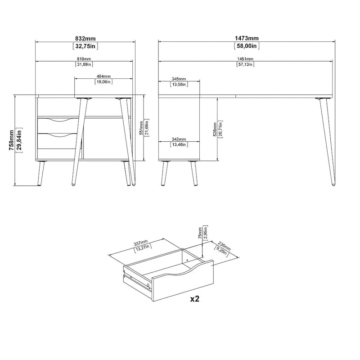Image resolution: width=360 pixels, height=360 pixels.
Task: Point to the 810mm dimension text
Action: (x=84, y=59)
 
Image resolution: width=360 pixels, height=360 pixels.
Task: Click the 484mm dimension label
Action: (x=103, y=76)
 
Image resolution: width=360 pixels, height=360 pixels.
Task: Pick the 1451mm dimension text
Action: (x=246, y=59)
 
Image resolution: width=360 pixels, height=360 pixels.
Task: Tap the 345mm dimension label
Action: (x=179, y=79)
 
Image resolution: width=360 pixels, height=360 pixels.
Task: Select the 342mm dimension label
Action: (x=179, y=139)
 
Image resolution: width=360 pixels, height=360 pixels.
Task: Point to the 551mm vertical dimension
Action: (x=141, y=128)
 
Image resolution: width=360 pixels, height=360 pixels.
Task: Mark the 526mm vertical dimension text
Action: (x=215, y=130)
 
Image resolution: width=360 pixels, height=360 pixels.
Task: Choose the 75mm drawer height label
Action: (x=200, y=234)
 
